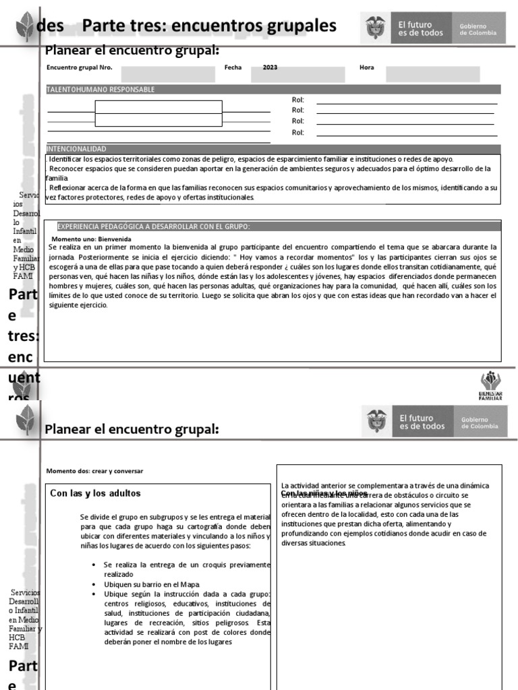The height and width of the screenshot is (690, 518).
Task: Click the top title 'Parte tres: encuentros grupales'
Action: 209,26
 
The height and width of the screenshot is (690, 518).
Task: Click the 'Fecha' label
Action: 232,68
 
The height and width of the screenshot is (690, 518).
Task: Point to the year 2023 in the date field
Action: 270,68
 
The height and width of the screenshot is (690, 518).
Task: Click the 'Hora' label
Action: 367,68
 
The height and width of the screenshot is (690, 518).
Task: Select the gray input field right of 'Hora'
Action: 432,73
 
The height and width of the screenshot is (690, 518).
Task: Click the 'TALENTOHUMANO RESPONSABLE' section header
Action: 100,90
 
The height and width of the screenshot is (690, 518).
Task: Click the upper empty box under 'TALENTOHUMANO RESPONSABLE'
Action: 159,106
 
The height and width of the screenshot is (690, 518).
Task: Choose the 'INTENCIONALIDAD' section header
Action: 76,149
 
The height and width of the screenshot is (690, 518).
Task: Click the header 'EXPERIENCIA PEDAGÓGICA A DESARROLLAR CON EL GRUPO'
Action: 153,226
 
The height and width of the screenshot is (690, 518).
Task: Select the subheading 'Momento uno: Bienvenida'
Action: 91,239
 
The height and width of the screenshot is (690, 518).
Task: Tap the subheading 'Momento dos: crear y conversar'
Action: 94,470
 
